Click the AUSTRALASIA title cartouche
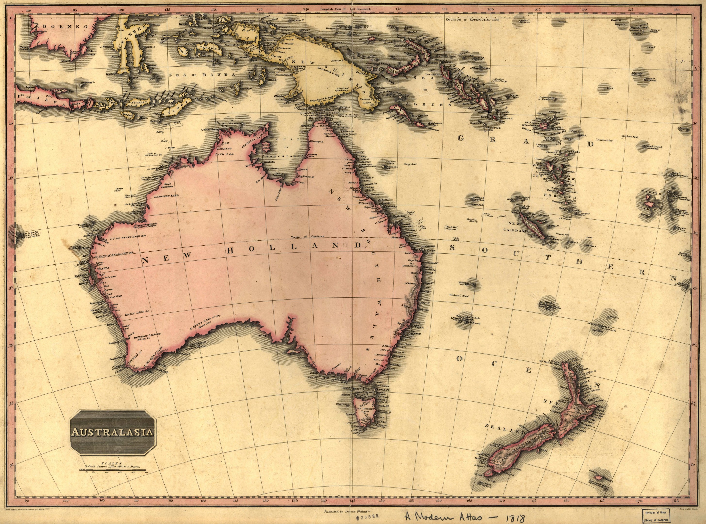(113, 432)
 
